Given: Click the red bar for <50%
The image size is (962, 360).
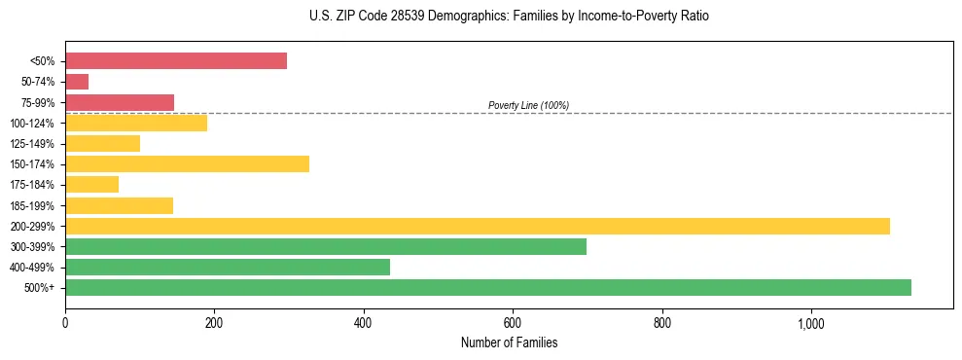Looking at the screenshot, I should point(176,61).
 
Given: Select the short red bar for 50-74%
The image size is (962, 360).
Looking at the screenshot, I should point(77,82).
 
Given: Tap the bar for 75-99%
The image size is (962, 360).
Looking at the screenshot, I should point(120,102).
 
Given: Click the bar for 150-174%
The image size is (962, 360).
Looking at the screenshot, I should point(187,163).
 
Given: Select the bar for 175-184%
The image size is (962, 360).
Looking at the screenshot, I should point(92,184).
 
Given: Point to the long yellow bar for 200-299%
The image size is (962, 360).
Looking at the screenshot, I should point(478,226).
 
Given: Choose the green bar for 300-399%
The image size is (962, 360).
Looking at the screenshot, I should point(326,246).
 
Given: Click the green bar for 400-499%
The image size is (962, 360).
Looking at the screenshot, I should point(228,267).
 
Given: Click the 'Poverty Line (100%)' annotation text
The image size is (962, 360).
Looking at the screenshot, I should point(528,105).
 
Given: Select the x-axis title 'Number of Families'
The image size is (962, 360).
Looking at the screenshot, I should point(509,342).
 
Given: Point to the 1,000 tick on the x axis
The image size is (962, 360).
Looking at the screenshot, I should point(811,322).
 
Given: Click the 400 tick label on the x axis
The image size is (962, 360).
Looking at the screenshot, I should point(364,322).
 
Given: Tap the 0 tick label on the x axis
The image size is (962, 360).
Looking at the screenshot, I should point(65,322).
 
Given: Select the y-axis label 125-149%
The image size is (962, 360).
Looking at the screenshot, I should point(34,144).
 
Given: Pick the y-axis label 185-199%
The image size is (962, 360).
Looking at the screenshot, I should point(34,205).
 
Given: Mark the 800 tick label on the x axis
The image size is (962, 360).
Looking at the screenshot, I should point(662,322).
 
